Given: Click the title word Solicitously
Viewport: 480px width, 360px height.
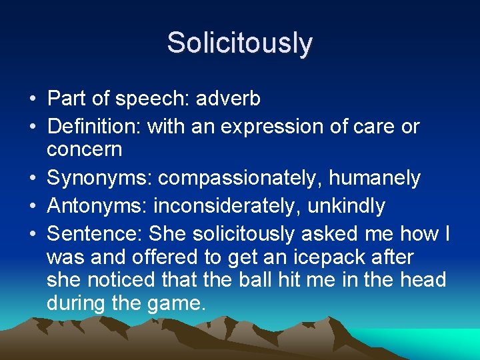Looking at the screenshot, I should pyautogui.click(x=239, y=43).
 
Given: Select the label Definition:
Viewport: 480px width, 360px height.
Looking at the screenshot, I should pyautogui.click(x=95, y=125).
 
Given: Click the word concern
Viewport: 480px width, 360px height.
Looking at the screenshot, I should pyautogui.click(x=85, y=149).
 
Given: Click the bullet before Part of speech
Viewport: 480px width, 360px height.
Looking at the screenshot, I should pyautogui.click(x=32, y=100).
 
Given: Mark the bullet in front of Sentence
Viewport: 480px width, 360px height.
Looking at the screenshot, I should pyautogui.click(x=32, y=235).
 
